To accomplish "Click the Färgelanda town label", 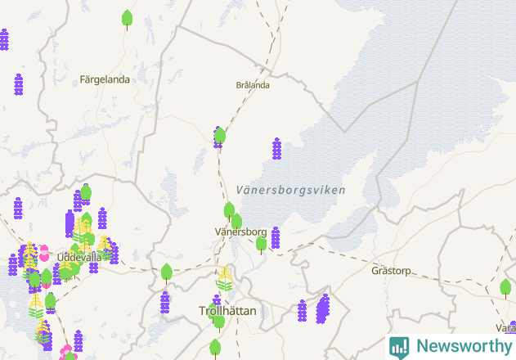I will tap(105, 79).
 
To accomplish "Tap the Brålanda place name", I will tap(252, 84).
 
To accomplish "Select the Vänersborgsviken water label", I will tap(290, 190).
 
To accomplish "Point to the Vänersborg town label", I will tap(240, 232).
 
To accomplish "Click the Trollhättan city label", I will tap(228, 311).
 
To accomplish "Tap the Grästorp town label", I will tap(390, 270).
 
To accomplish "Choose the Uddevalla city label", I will tap(79, 257).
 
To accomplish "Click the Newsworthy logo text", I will tap(463, 346).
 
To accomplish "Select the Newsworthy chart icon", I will tap(399, 346).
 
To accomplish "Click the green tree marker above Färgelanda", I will tap(127, 18).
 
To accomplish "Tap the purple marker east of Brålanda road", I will tap(276, 149).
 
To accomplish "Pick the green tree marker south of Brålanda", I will tap(219, 136).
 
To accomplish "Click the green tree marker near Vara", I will tap(505, 287).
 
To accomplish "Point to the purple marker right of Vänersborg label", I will tap(276, 238).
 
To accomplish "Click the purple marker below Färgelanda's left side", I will tap(19, 84).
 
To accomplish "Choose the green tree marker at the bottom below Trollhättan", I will tap(216, 348).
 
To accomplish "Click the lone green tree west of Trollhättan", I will tap(167, 272).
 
